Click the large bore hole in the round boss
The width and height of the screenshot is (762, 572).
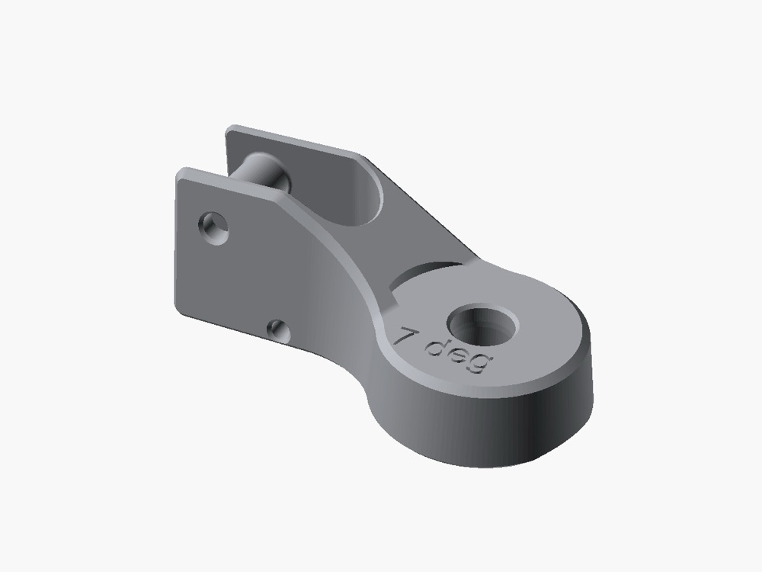pyautogui.click(x=482, y=325)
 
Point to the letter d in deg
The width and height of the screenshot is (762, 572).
pyautogui.click(x=436, y=348)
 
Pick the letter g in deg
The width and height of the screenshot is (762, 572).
pyautogui.click(x=480, y=363)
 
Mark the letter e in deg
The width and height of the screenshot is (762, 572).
pyautogui.click(x=459, y=355)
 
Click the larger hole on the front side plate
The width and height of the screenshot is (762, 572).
pyautogui.click(x=214, y=227)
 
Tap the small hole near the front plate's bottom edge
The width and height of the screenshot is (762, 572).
pyautogui.click(x=279, y=331)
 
